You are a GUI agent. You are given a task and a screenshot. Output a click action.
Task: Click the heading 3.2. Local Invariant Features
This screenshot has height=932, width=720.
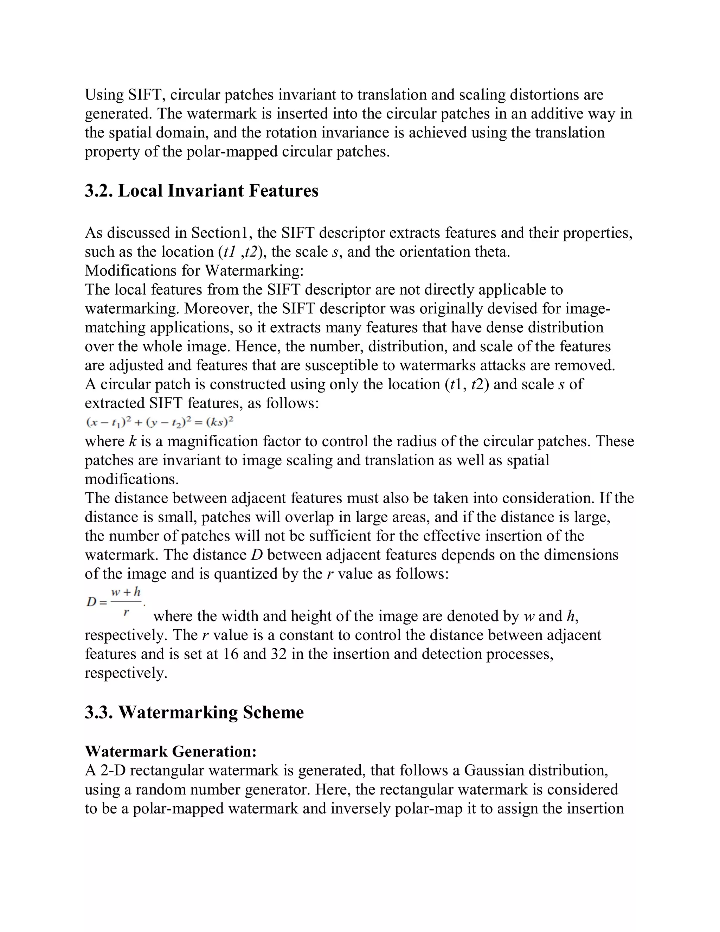coord(201,191)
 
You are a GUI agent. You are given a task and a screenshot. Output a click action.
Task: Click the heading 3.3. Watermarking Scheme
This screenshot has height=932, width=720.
coord(194,712)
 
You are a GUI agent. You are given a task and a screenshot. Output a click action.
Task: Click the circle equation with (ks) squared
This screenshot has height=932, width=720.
coord(160,422)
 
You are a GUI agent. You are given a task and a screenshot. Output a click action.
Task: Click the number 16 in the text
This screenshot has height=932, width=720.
coord(230,654)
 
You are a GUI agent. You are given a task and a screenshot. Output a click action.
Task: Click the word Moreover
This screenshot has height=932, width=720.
coord(216,308)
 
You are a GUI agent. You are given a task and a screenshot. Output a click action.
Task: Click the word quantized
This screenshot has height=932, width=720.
coord(245,574)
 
